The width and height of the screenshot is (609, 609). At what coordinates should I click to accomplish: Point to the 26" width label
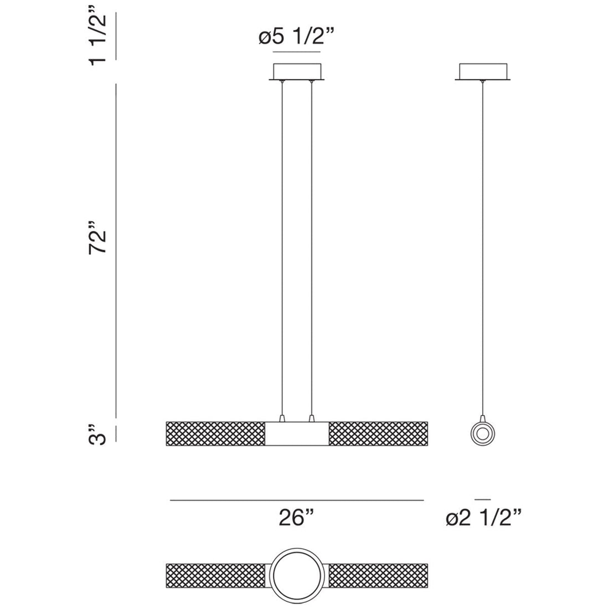coord(297,519)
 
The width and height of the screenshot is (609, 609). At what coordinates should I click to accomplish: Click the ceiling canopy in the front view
coord(297,72)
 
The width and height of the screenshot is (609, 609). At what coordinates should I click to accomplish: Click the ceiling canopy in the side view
coord(484,72)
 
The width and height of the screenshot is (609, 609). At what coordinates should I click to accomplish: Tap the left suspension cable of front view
coord(282,249)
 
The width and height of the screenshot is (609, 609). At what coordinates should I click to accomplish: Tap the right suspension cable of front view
coord(312,249)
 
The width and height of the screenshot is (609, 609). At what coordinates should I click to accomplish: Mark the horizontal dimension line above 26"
coord(297,500)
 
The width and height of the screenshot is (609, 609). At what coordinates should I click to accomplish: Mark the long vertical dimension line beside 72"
coord(116,249)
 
